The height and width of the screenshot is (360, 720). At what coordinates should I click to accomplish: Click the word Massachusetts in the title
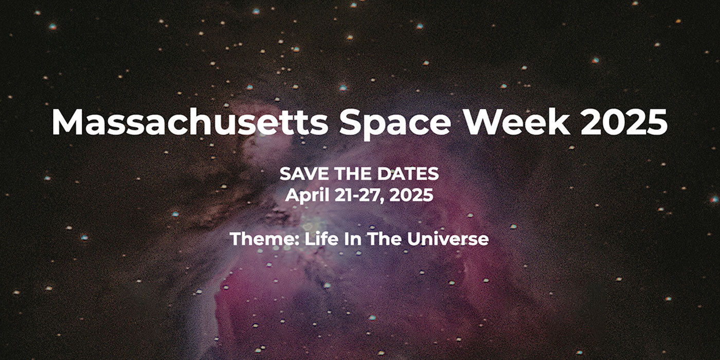190,122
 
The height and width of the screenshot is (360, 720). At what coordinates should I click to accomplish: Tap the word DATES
408,174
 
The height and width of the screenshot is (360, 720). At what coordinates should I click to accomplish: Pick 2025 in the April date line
411,195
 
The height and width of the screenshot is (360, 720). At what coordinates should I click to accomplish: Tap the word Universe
448,239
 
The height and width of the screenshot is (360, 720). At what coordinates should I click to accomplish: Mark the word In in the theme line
353,239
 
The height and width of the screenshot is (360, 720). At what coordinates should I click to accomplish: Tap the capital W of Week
483,122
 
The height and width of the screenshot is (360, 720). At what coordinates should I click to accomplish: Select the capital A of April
293,195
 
